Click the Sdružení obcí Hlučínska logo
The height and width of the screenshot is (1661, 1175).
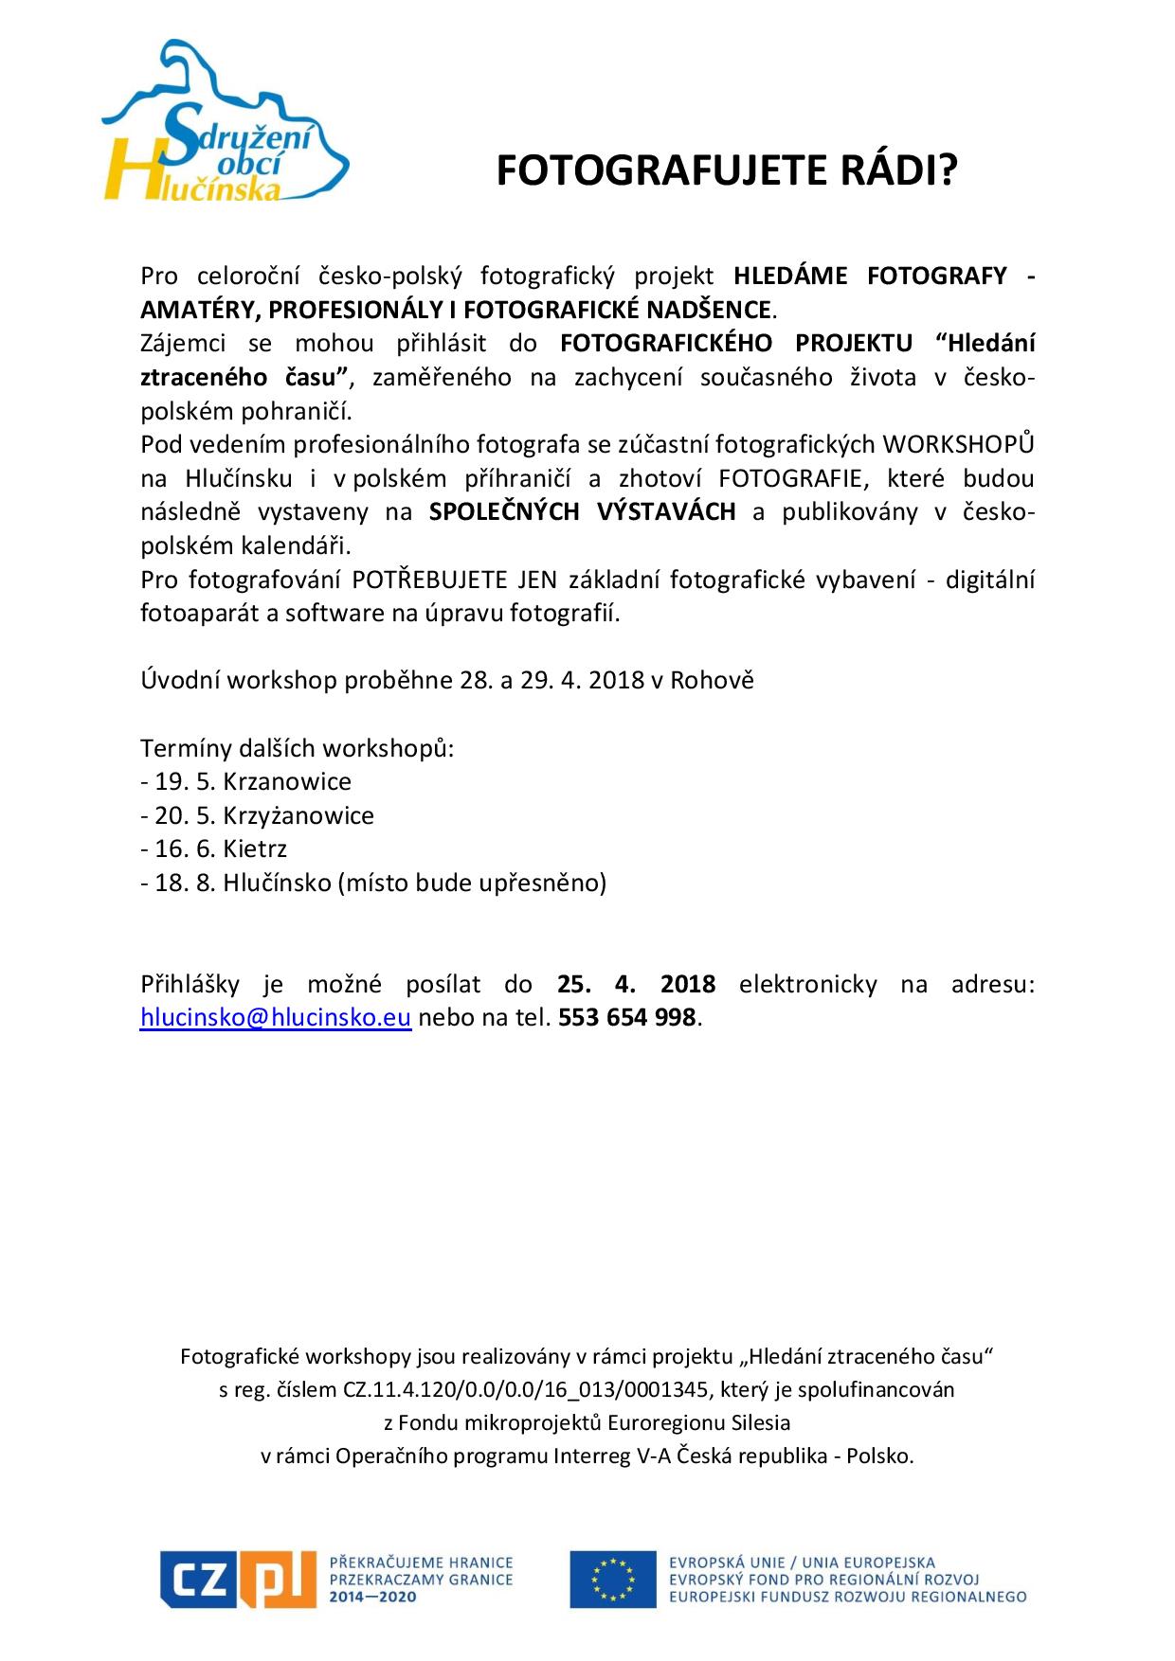tap(225, 123)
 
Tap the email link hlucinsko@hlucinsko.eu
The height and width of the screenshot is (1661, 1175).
tap(275, 1018)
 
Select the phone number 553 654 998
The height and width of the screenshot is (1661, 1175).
tap(627, 1018)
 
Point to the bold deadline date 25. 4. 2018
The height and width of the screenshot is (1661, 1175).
tap(636, 984)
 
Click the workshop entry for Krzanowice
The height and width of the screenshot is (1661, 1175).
tap(246, 782)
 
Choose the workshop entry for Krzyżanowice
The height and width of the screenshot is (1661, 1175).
tap(258, 816)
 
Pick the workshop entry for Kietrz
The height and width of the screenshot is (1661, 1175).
tap(214, 849)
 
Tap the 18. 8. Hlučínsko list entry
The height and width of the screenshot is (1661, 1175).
tap(373, 884)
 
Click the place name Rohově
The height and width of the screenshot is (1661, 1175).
tap(712, 681)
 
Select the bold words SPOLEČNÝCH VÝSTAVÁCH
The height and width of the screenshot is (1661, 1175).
tap(582, 512)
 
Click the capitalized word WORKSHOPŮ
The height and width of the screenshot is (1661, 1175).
tap(958, 444)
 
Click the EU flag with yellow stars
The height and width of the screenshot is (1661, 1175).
tap(612, 1579)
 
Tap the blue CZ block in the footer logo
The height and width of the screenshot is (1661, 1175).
tap(196, 1578)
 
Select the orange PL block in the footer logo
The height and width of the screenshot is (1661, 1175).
tap(275, 1579)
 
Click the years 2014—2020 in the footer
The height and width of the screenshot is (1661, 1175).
tap(372, 1597)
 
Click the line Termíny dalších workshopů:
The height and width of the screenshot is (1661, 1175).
tap(298, 749)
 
